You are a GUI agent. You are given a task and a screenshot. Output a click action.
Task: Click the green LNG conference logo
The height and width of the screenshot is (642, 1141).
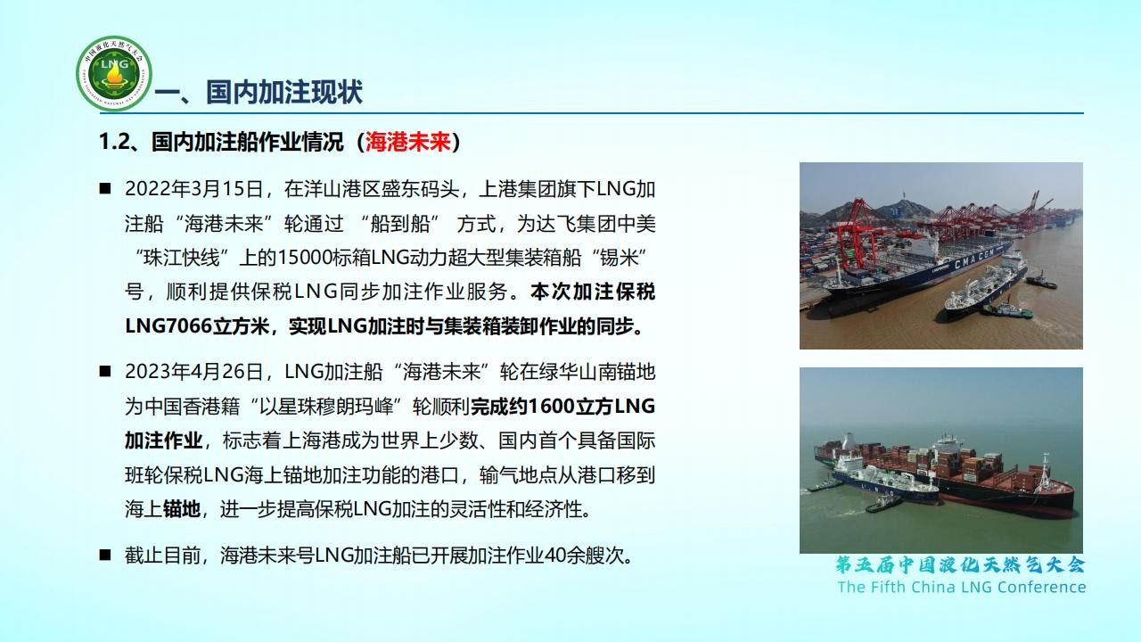click(114, 73)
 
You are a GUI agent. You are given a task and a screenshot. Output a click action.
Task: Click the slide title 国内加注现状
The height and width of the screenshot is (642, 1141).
click(284, 92)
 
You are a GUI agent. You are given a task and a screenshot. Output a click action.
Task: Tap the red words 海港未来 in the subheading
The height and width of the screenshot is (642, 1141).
click(408, 142)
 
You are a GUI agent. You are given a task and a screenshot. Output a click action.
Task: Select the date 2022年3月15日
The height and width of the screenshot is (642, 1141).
click(193, 189)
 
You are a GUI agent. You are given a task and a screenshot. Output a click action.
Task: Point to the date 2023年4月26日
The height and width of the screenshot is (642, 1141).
click(193, 372)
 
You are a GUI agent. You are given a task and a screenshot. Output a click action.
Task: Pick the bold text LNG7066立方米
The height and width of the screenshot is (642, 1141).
click(197, 326)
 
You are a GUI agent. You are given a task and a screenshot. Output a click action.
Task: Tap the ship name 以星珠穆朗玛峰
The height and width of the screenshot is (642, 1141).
click(326, 407)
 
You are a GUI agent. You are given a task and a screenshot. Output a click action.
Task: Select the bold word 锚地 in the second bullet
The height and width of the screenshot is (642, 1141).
click(182, 509)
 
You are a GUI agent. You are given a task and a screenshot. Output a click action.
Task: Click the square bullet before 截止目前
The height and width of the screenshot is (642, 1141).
click(105, 555)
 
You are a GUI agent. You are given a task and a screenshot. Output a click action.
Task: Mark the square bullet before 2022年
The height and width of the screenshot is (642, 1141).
click(105, 189)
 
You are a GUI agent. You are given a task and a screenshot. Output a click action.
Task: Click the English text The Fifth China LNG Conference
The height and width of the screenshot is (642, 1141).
click(962, 587)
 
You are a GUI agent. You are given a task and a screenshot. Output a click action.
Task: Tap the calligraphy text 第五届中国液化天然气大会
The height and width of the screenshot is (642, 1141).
click(960, 565)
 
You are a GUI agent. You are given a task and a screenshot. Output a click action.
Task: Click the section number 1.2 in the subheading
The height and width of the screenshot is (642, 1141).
click(115, 142)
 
